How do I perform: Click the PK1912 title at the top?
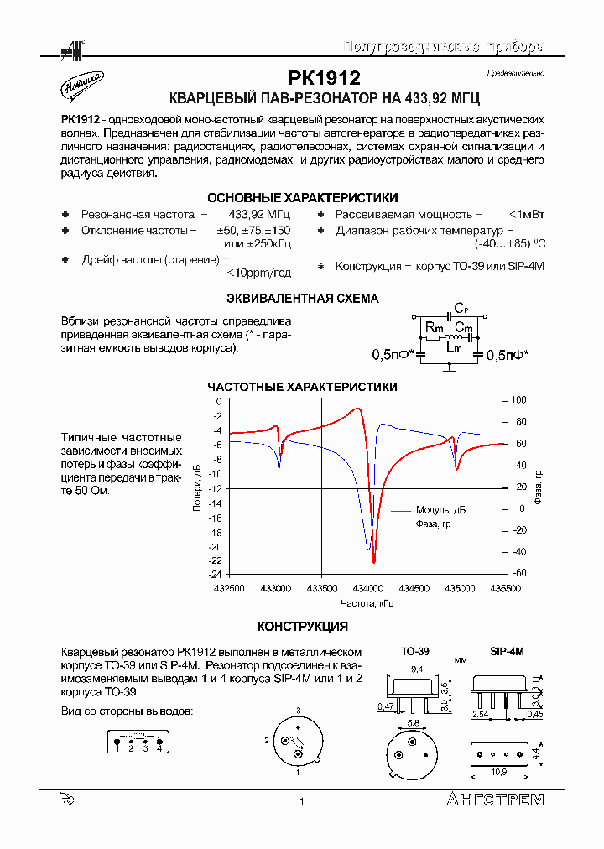[x=324, y=79]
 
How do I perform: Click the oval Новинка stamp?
[x=82, y=83]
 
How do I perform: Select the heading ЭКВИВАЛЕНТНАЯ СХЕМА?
[x=303, y=299]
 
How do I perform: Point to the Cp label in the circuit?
[x=461, y=308]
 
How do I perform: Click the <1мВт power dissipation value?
[x=526, y=215]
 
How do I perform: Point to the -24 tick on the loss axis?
[x=216, y=575]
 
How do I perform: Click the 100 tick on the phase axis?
[x=518, y=400]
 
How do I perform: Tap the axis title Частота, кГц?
[x=367, y=603]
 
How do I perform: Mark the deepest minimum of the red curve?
[x=374, y=561]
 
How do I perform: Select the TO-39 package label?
[x=414, y=651]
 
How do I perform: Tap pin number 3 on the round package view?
[x=298, y=710]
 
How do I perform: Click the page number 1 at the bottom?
[x=300, y=803]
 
